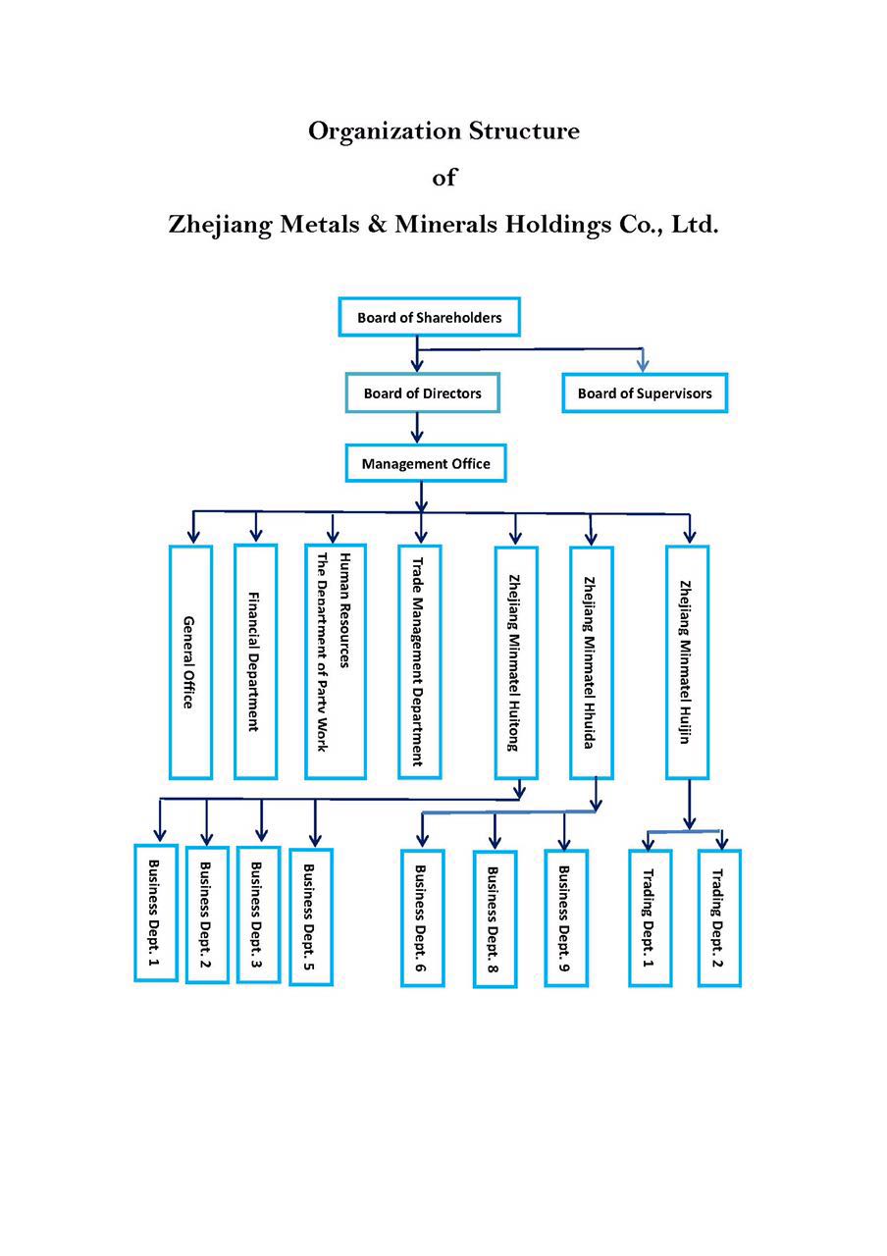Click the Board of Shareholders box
tap(429, 317)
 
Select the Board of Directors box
tap(422, 393)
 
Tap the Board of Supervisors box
tap(645, 393)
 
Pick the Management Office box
tap(426, 463)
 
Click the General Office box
tap(190, 662)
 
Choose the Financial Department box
tap(256, 661)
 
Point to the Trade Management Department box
tap(419, 661)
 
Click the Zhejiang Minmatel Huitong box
tap(516, 662)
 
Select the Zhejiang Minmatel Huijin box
tap(688, 662)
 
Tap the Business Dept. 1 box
tap(156, 913)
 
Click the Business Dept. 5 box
tap(311, 916)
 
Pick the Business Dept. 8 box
tap(496, 919)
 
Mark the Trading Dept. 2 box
tap(719, 917)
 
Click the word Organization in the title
tap(384, 131)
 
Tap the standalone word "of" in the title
tap(443, 178)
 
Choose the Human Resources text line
tap(344, 610)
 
